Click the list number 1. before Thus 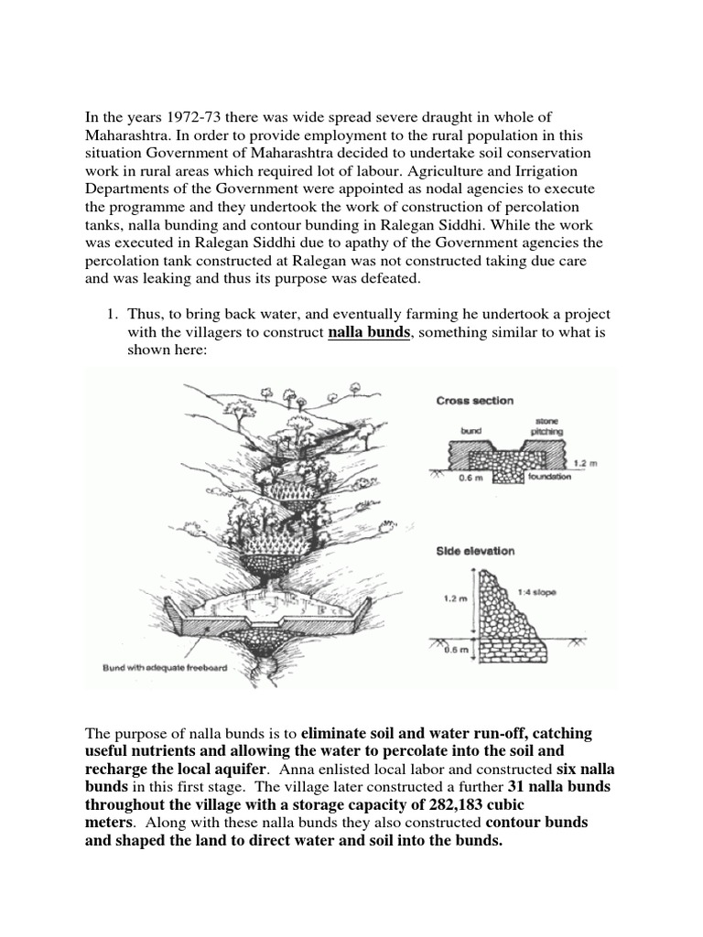(113, 314)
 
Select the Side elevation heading (475, 551)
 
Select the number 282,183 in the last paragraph (460, 804)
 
